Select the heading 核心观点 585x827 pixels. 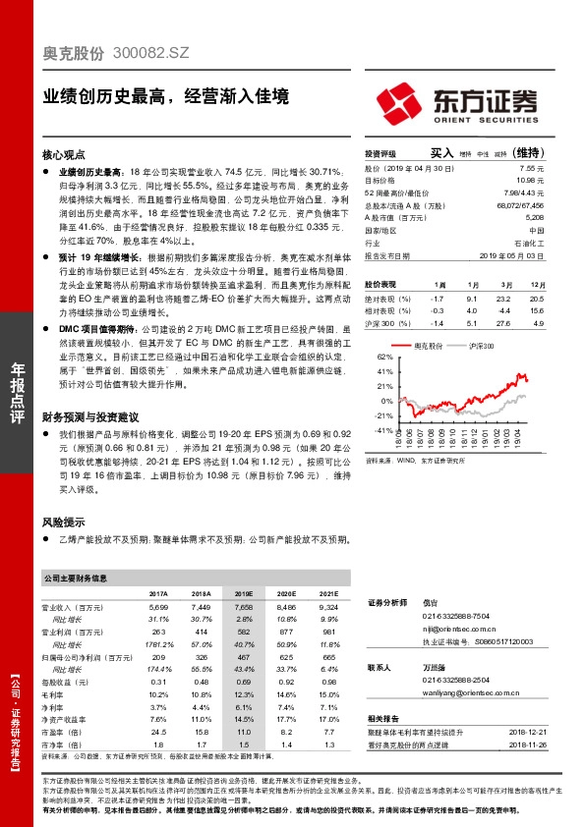(64, 155)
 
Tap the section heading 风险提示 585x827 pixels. (64, 522)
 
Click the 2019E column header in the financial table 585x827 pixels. (243, 594)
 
